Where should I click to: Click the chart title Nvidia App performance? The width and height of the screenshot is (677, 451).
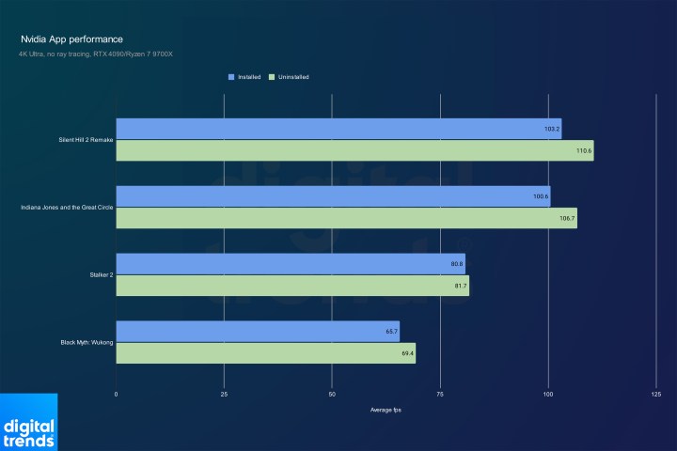[x=71, y=39]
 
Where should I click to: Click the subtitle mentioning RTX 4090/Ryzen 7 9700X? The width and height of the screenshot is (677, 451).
[x=96, y=54]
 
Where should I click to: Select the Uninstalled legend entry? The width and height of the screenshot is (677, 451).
[x=289, y=76]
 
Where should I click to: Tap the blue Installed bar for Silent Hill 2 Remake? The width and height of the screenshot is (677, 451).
[x=338, y=129]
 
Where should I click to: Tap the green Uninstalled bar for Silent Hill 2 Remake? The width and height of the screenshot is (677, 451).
[x=354, y=150]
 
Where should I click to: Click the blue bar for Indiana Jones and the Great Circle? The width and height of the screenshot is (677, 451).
[x=333, y=196]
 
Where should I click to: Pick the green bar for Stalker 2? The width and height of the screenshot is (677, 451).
[x=292, y=285]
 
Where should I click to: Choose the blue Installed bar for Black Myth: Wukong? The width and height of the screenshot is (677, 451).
[x=258, y=331]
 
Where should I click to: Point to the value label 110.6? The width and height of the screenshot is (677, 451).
[x=583, y=150]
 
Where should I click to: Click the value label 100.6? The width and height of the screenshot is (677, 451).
[x=540, y=196]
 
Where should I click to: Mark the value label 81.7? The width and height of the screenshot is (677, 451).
[x=459, y=285]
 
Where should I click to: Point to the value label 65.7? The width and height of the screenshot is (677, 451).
[x=389, y=332]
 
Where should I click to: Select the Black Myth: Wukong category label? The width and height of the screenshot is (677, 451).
[x=87, y=343]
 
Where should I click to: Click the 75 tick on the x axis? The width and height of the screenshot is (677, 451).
[x=440, y=395]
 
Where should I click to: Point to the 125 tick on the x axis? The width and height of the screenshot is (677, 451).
[x=656, y=395]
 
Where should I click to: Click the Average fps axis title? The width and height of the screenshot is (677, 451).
[x=386, y=410]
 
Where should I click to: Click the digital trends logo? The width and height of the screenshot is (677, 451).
[x=29, y=423]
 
